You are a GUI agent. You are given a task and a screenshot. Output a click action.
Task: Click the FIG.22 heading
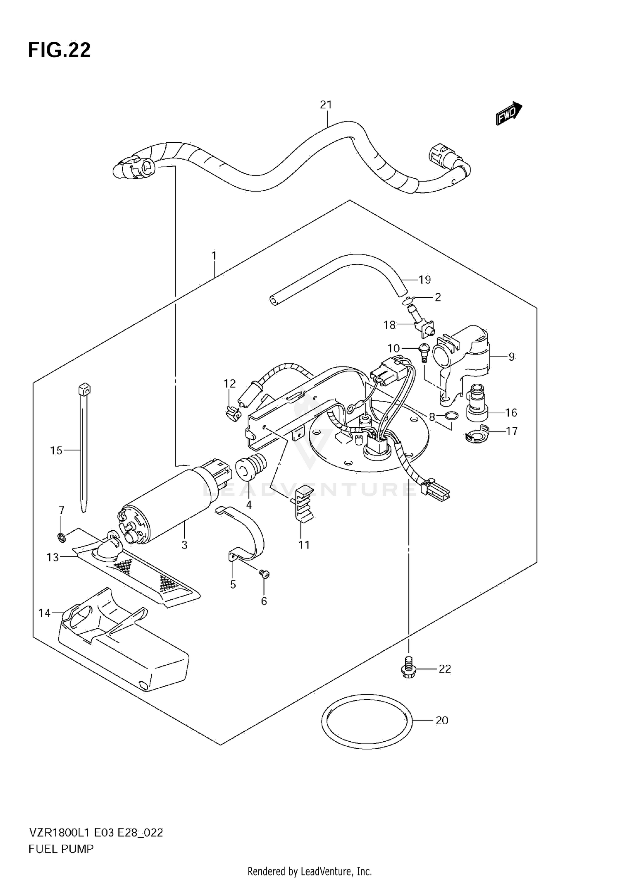[x=59, y=50]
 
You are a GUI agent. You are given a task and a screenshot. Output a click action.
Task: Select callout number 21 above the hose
[x=326, y=105]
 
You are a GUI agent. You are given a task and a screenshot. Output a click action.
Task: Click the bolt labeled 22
[x=408, y=668]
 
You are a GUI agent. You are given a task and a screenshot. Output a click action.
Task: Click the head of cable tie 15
[x=84, y=389]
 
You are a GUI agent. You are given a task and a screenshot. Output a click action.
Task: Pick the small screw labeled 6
[x=264, y=574]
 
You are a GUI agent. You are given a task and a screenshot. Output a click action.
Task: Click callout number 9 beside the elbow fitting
[x=511, y=357]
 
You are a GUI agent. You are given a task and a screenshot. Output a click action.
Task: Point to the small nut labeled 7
[x=61, y=538]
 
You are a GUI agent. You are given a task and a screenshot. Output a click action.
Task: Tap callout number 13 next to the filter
[x=53, y=558]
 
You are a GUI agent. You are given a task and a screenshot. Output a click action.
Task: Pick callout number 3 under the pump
[x=184, y=545]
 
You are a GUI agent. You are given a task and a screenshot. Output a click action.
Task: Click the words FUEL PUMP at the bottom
[x=61, y=849]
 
